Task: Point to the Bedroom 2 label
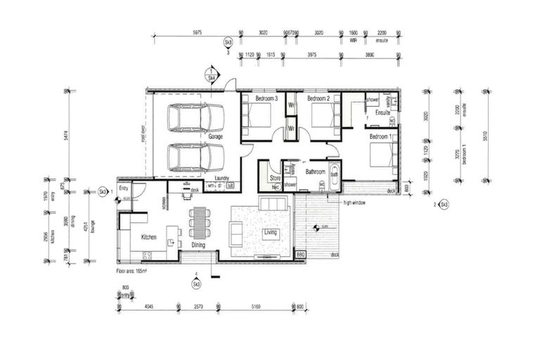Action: [319, 99]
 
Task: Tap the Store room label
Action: [275, 179]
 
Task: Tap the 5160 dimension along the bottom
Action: [256, 307]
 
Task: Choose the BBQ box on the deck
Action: [300, 254]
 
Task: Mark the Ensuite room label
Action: [382, 113]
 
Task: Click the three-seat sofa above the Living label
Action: [273, 204]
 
